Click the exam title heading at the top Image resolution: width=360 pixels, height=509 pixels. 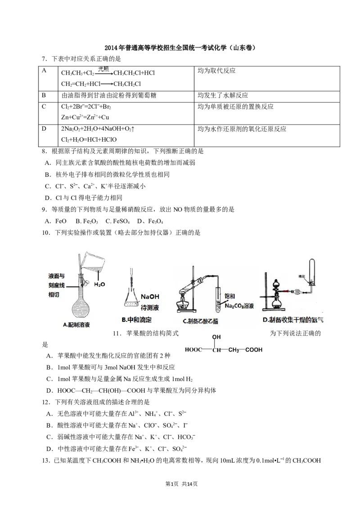click(180, 48)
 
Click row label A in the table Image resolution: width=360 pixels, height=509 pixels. click(44, 71)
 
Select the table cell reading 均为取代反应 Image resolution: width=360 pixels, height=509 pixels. click(216, 71)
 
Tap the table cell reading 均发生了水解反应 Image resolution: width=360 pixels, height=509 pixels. click(223, 95)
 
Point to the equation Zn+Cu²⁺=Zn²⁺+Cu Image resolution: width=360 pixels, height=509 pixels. click(85, 117)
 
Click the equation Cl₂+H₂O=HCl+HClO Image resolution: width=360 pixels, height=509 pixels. click(89, 139)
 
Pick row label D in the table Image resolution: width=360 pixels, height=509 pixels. click(44, 129)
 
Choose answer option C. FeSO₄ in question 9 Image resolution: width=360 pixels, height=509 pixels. click(117, 221)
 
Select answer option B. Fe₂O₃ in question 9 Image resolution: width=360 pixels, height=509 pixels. click(87, 221)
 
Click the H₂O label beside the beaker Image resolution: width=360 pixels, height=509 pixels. click(99, 284)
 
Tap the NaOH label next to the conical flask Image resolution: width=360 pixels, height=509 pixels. click(150, 297)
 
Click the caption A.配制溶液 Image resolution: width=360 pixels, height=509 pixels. click(76, 325)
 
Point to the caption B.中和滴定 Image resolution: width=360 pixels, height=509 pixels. click(136, 320)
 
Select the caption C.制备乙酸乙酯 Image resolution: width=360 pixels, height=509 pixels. click(200, 321)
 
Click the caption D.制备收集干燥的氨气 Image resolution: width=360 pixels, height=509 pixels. click(293, 320)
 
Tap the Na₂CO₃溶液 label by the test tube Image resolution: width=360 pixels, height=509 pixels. click(239, 306)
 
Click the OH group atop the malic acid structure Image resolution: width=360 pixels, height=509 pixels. click(216, 337)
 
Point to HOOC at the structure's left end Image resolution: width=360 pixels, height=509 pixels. click(193, 350)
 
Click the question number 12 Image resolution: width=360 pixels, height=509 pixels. click(46, 402)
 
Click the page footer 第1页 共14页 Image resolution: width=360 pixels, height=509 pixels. click(181, 484)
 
